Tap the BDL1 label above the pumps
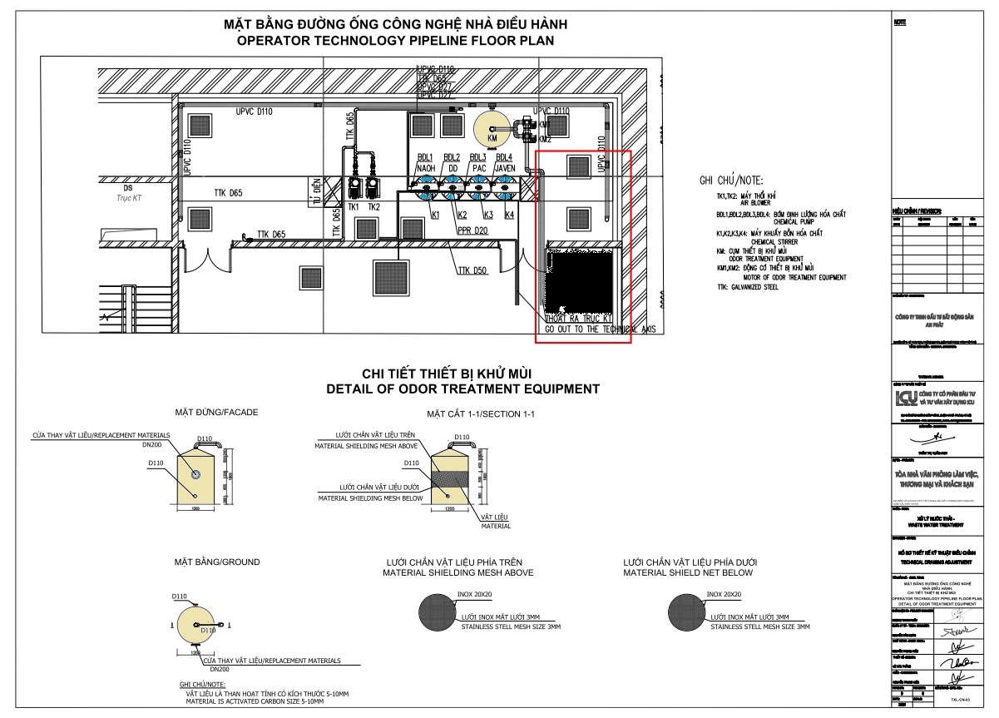point(424,157)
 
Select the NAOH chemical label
point(425,167)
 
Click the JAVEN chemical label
point(504,167)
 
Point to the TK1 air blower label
point(354,206)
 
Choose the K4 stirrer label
point(509,215)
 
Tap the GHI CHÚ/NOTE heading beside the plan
point(731,180)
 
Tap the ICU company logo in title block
point(903,399)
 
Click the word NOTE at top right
point(899,22)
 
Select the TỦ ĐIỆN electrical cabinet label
point(317,191)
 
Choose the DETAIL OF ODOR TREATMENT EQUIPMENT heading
point(462,389)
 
